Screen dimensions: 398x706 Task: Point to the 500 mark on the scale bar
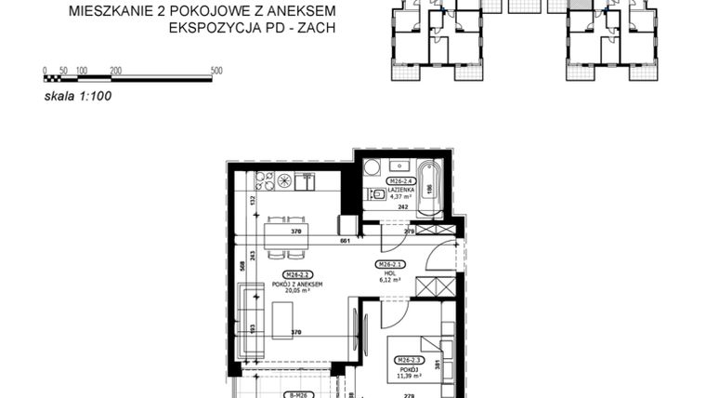point(216,70)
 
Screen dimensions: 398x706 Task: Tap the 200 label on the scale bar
point(115,70)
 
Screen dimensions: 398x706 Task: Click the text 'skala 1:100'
point(78,94)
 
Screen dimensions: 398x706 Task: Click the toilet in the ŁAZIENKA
point(377,195)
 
